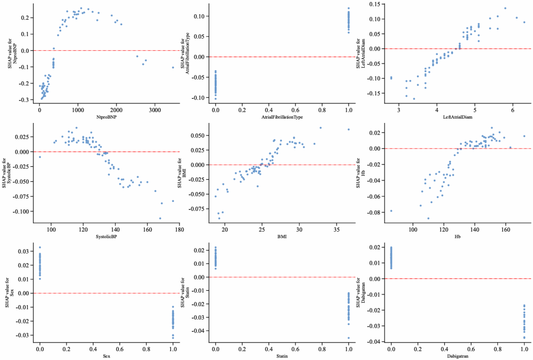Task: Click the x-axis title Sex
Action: pyautogui.click(x=106, y=356)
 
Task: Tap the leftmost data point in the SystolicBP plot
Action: pyautogui.click(x=40, y=157)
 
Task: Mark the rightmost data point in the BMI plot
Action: pyautogui.click(x=348, y=129)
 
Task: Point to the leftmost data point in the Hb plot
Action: pyautogui.click(x=391, y=211)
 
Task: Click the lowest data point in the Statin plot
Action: pyautogui.click(x=348, y=338)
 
